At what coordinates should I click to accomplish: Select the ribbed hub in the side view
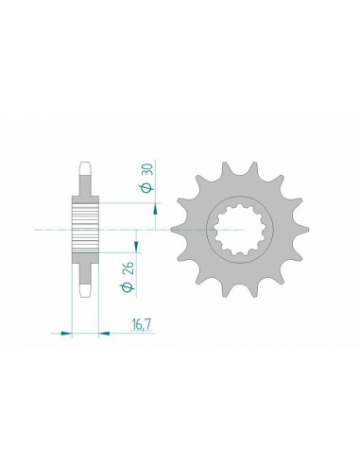(x=84, y=229)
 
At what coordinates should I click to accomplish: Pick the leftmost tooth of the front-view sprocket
(x=176, y=229)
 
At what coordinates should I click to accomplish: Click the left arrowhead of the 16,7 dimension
(x=67, y=332)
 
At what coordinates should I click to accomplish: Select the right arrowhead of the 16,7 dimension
(x=102, y=332)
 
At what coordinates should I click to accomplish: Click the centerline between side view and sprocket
(x=142, y=229)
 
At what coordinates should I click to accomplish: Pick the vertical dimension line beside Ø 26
(x=137, y=269)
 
